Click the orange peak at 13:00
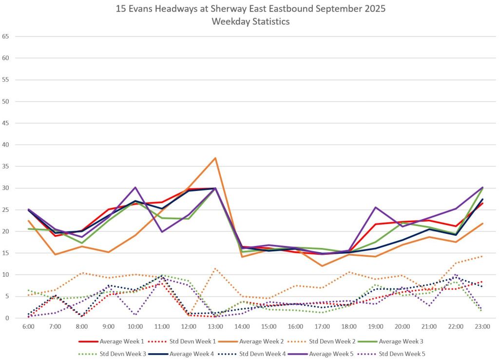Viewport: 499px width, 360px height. pos(215,158)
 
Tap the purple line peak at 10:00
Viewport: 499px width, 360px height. pos(135,187)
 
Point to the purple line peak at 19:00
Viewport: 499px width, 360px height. pos(375,207)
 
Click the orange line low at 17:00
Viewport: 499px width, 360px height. pos(322,266)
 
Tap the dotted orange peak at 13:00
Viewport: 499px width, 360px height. pos(215,268)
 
